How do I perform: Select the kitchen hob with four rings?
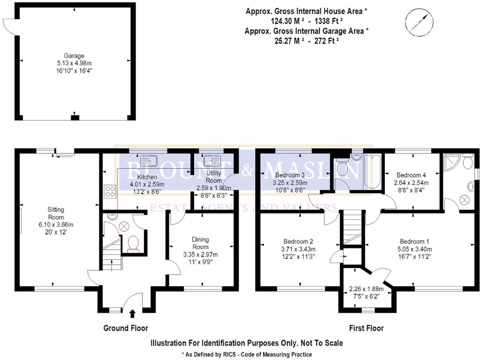tap(110, 191)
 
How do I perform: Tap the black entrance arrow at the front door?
tap(132, 314)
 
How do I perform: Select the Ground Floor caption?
tap(126, 328)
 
